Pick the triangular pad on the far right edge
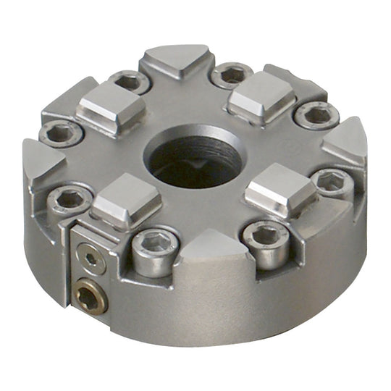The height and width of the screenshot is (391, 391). (345, 140)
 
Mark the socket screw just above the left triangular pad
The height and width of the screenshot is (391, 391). (61, 133)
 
